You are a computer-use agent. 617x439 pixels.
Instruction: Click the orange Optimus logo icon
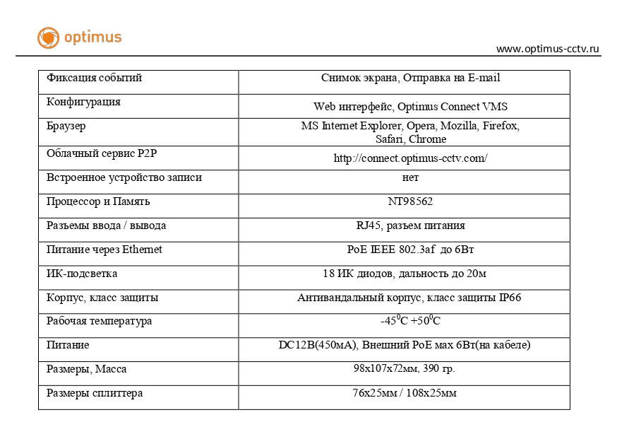[48, 37]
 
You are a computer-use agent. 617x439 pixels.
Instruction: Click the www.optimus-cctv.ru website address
[548, 49]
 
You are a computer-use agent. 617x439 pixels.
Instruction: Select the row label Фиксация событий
[94, 78]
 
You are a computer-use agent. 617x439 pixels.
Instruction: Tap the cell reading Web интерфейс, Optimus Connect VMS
[410, 107]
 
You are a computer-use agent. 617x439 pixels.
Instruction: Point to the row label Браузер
[66, 126]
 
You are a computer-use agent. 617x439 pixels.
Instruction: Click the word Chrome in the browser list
[427, 139]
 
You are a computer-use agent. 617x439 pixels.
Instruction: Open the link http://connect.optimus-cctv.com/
[410, 158]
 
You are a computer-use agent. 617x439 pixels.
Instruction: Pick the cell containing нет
[410, 177]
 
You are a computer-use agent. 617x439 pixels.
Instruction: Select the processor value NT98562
[410, 201]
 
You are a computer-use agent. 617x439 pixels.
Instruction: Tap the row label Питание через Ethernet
[104, 250]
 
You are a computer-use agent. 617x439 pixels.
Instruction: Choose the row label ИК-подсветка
[82, 274]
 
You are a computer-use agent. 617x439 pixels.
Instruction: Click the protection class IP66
[510, 298]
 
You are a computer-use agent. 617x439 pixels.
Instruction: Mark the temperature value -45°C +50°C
[410, 321]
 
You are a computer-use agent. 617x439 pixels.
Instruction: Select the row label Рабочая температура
[99, 321]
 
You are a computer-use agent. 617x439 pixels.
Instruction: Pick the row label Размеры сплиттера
[95, 393]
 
